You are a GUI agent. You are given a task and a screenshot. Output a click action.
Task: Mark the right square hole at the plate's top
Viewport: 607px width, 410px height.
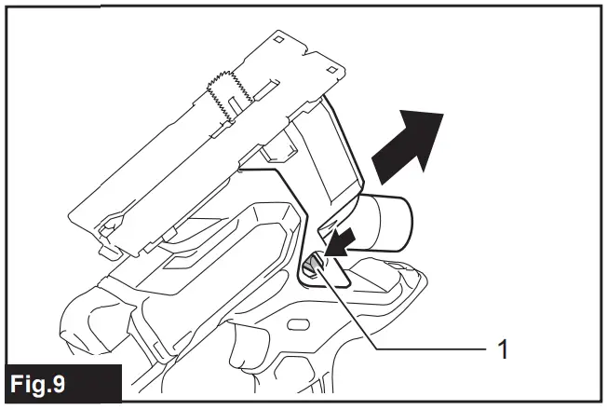(x=332, y=70)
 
